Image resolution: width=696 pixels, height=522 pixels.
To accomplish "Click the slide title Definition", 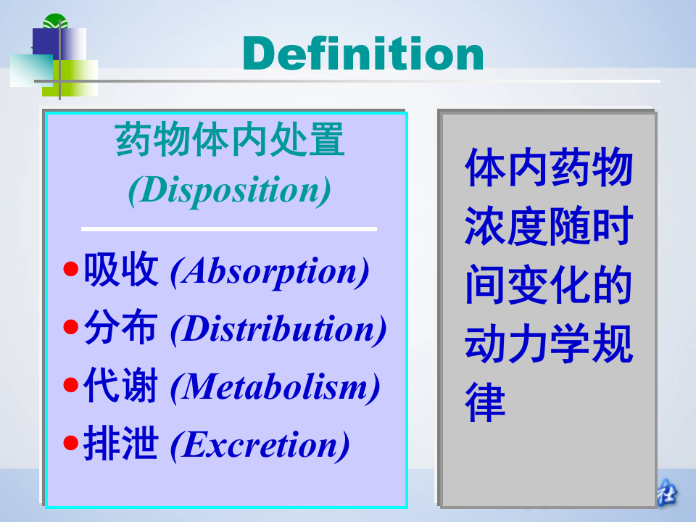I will pos(363,53).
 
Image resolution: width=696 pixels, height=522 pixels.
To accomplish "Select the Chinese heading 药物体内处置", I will pos(230,141).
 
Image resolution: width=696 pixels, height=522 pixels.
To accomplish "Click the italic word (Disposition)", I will pos(230,190).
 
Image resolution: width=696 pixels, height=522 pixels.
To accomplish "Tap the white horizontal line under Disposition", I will pos(229,229).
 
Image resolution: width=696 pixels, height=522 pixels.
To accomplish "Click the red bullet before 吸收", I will pos(70,270).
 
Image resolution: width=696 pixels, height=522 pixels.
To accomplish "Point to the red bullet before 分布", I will pos(70,328).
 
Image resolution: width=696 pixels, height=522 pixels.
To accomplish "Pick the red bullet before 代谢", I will pos(70,386).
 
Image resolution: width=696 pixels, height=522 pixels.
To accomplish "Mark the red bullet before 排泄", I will pos(70,444).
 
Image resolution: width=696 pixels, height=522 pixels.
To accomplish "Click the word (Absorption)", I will pos(270,271).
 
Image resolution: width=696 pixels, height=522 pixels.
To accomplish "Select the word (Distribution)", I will pos(278,329).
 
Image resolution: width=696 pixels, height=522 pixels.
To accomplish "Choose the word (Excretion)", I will pos(260,444).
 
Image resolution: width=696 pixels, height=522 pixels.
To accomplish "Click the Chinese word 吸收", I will pos(120,270).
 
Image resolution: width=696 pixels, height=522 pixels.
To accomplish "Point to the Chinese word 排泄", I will pos(120,444).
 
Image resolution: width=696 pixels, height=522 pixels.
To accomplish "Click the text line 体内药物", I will pos(549,168).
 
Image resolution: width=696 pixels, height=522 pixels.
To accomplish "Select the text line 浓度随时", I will pos(549,227).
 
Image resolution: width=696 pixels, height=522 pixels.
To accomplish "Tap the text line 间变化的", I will pos(549,286).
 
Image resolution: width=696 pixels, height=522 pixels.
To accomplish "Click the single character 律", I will pos(485,403).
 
